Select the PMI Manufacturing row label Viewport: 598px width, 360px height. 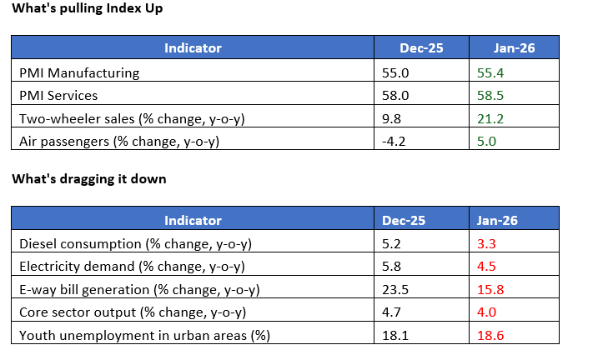(79, 72)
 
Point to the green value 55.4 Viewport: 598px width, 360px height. (490, 72)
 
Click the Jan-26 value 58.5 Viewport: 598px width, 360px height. (490, 96)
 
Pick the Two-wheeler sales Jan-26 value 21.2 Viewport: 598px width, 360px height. (490, 118)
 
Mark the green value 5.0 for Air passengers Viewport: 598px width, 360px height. (487, 142)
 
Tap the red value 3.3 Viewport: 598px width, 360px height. (487, 244)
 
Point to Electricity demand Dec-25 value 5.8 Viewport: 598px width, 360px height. (392, 267)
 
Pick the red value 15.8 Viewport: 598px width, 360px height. (491, 290)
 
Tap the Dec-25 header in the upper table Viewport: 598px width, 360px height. (422, 48)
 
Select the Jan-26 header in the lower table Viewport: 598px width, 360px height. (497, 220)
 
